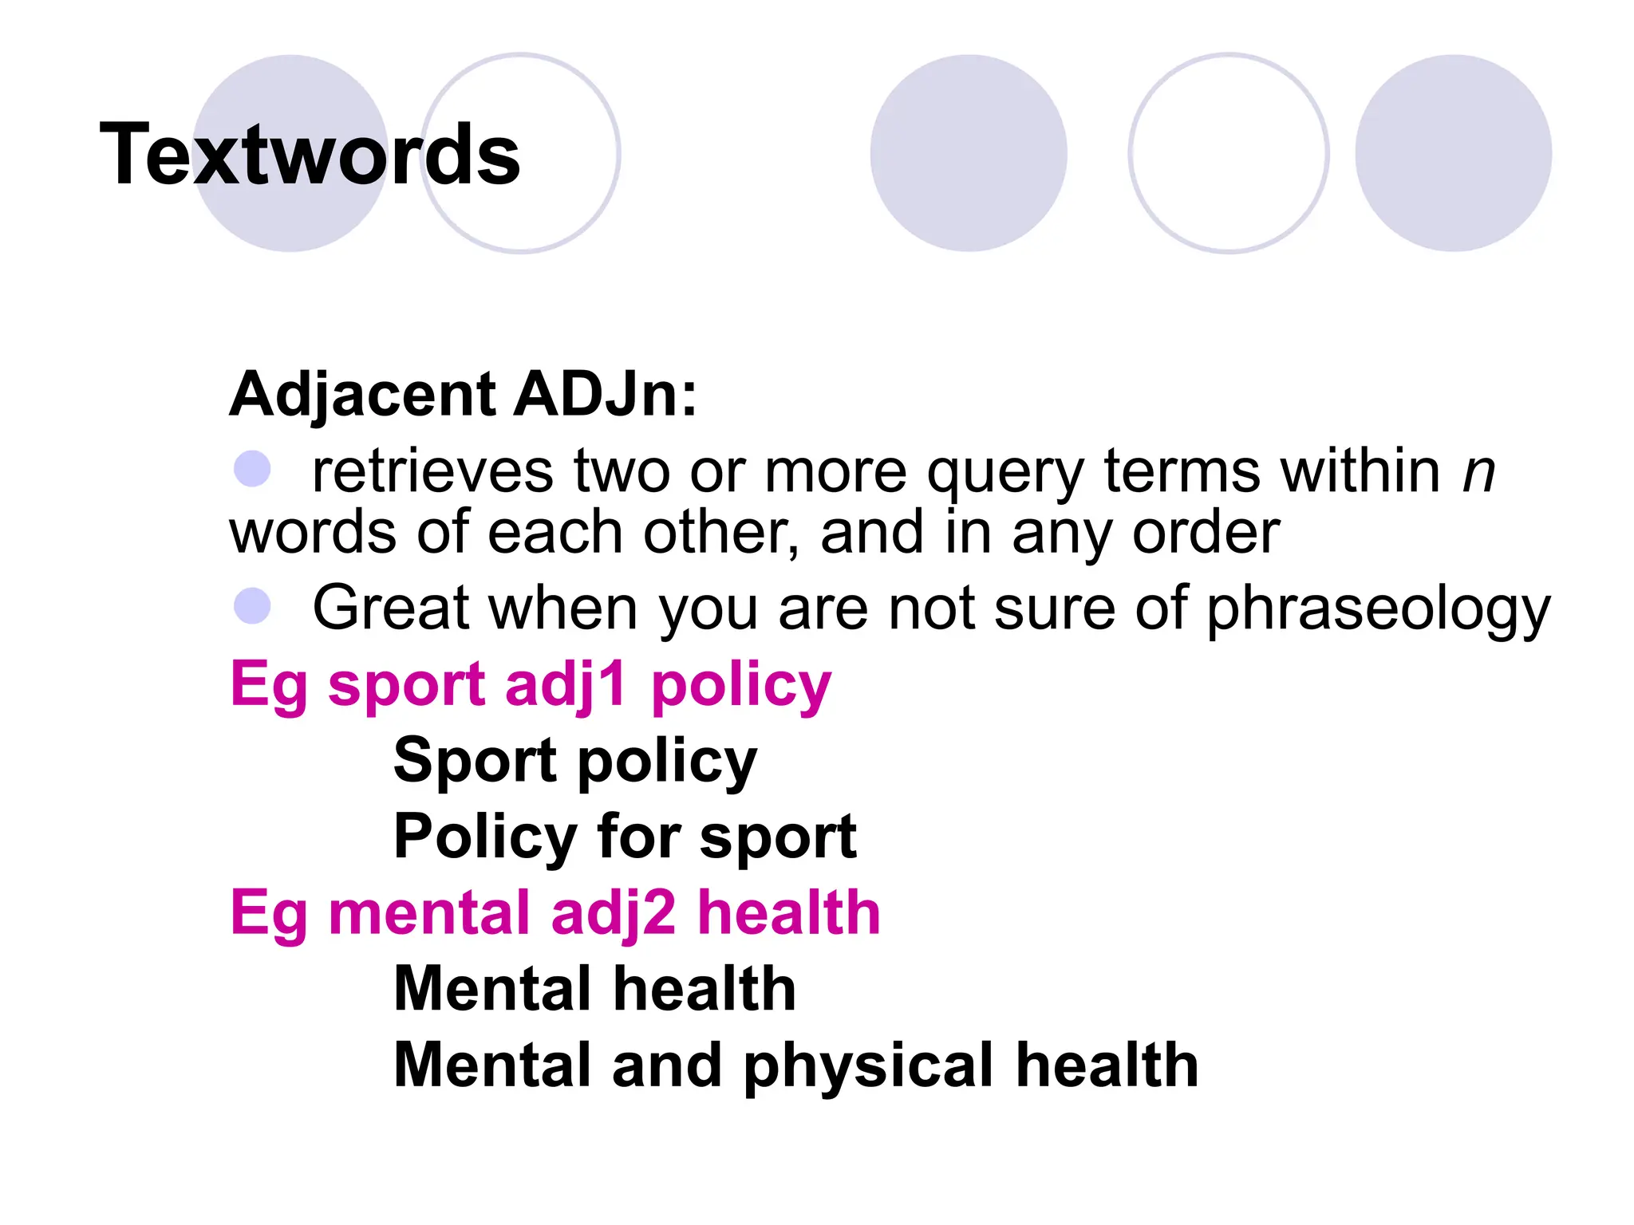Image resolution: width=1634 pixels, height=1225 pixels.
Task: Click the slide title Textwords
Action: [310, 155]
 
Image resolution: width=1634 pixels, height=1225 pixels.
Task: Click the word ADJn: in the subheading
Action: [606, 394]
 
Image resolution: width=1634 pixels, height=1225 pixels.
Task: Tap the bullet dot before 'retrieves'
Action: [252, 469]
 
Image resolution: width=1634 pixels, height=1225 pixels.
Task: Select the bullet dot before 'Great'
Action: [252, 606]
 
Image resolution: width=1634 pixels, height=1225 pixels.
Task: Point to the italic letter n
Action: [1478, 472]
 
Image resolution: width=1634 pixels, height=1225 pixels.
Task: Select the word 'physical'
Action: [870, 1067]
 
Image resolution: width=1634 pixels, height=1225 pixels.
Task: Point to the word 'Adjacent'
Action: [362, 396]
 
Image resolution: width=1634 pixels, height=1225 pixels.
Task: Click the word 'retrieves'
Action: [432, 471]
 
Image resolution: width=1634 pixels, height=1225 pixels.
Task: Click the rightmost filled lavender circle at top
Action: [1453, 153]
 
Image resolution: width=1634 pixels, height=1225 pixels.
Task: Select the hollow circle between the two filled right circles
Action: [1228, 153]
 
